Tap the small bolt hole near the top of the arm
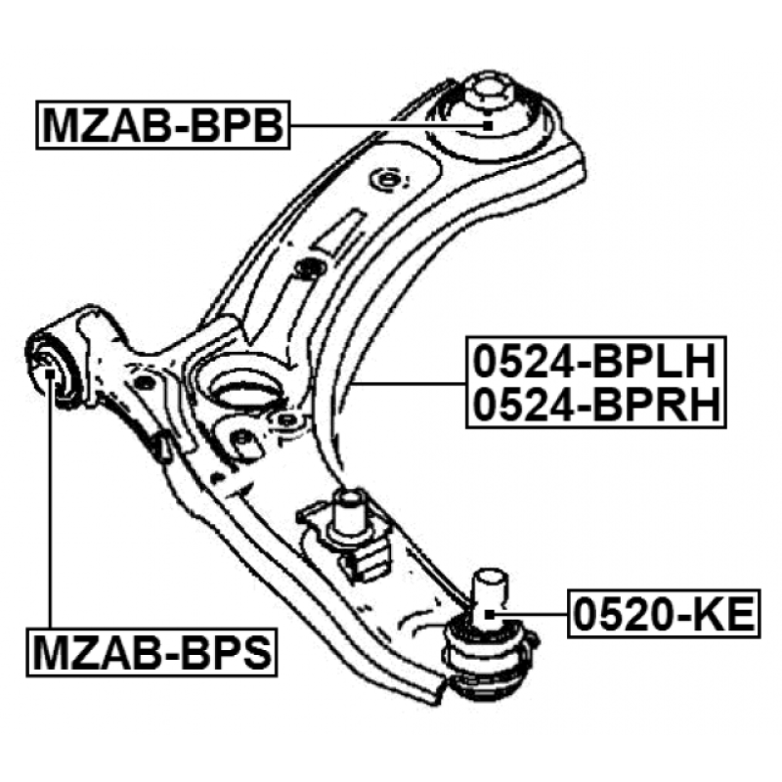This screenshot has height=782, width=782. [x=388, y=180]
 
